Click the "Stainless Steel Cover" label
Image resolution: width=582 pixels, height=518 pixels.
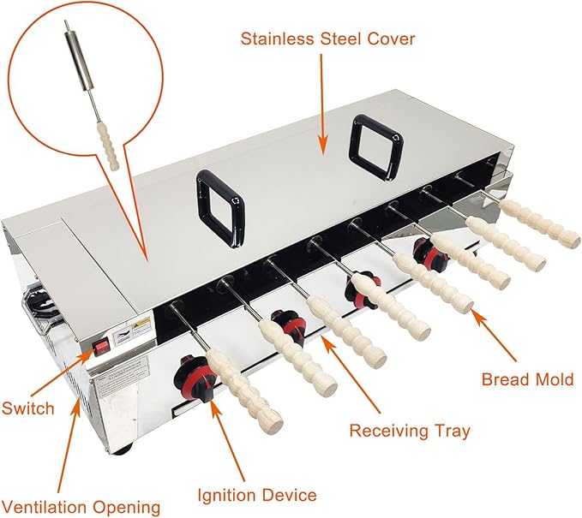point(327,39)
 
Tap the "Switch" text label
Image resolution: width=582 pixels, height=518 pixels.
point(28,408)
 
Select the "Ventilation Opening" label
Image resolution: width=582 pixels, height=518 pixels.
point(81,507)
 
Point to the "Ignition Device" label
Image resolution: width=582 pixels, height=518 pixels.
point(257,496)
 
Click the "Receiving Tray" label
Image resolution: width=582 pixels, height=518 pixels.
point(410,431)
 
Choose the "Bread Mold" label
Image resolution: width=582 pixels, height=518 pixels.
point(527,379)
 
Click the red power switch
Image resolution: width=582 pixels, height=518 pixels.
point(101,347)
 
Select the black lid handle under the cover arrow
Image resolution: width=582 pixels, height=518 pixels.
point(376,148)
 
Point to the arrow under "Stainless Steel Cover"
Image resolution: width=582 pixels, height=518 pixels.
point(322,104)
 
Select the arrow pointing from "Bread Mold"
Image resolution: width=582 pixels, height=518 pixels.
point(494,335)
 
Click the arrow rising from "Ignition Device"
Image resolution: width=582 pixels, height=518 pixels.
point(227,440)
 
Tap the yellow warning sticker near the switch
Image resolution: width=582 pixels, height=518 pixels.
point(141,324)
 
